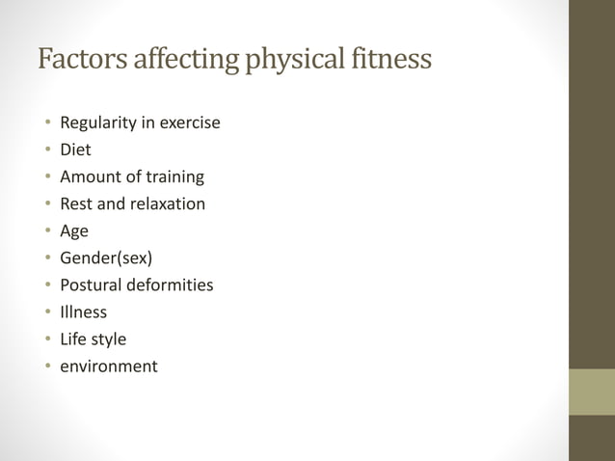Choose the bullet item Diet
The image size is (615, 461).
75,150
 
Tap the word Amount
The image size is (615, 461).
90,177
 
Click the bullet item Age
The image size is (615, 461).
74,231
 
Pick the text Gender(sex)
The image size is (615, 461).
106,258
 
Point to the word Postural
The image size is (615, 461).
92,285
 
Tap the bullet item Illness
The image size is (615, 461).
83,312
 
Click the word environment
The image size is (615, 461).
108,366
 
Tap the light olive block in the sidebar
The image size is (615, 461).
591,392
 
